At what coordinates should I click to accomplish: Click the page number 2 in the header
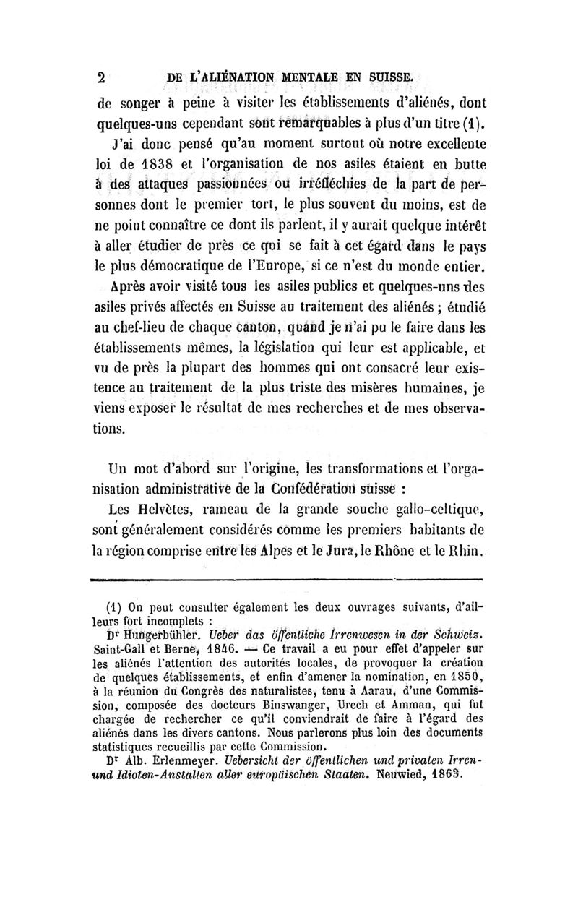[x=102, y=77]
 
